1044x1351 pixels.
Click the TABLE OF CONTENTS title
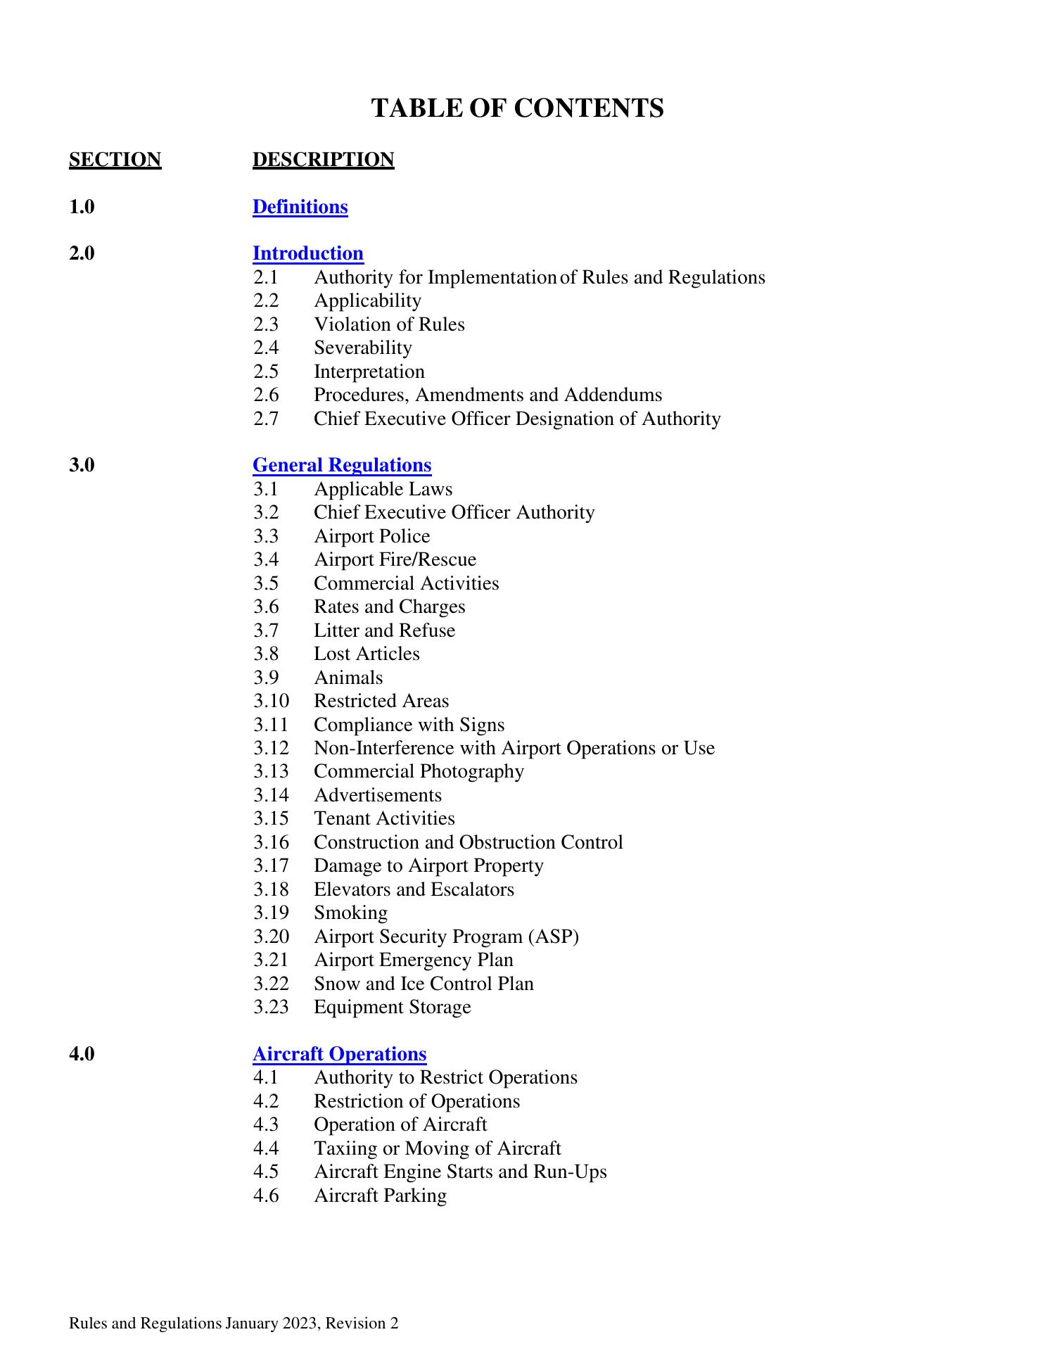point(517,108)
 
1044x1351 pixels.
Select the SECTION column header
point(115,160)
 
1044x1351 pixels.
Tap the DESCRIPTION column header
point(323,160)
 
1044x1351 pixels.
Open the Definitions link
point(300,207)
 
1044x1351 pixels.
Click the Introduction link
point(307,253)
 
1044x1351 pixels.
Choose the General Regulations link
point(341,465)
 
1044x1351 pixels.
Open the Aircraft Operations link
point(339,1053)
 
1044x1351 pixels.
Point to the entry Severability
point(362,348)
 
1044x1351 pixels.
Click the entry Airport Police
point(371,536)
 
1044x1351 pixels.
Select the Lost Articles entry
point(366,654)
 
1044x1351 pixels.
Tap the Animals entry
point(348,678)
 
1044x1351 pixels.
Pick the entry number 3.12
point(271,748)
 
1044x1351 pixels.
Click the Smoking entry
point(350,913)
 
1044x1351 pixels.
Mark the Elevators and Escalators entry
point(414,889)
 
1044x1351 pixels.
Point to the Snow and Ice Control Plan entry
point(424,984)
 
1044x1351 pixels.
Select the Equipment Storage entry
point(392,1007)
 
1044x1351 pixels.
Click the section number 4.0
point(82,1053)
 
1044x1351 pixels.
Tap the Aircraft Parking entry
point(380,1195)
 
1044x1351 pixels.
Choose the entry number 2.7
point(266,419)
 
